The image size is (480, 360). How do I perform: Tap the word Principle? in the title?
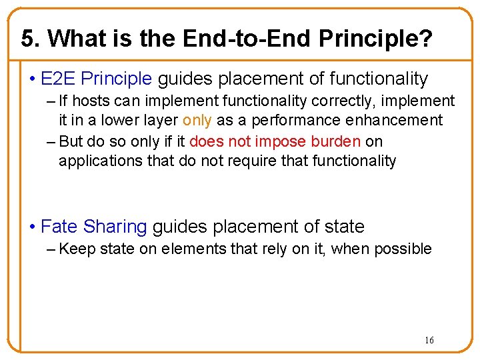click(375, 39)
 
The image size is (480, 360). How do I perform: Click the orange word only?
click(197, 120)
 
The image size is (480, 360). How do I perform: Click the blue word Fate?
click(59, 227)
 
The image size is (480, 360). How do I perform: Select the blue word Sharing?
click(115, 227)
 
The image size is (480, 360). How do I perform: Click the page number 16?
click(429, 341)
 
